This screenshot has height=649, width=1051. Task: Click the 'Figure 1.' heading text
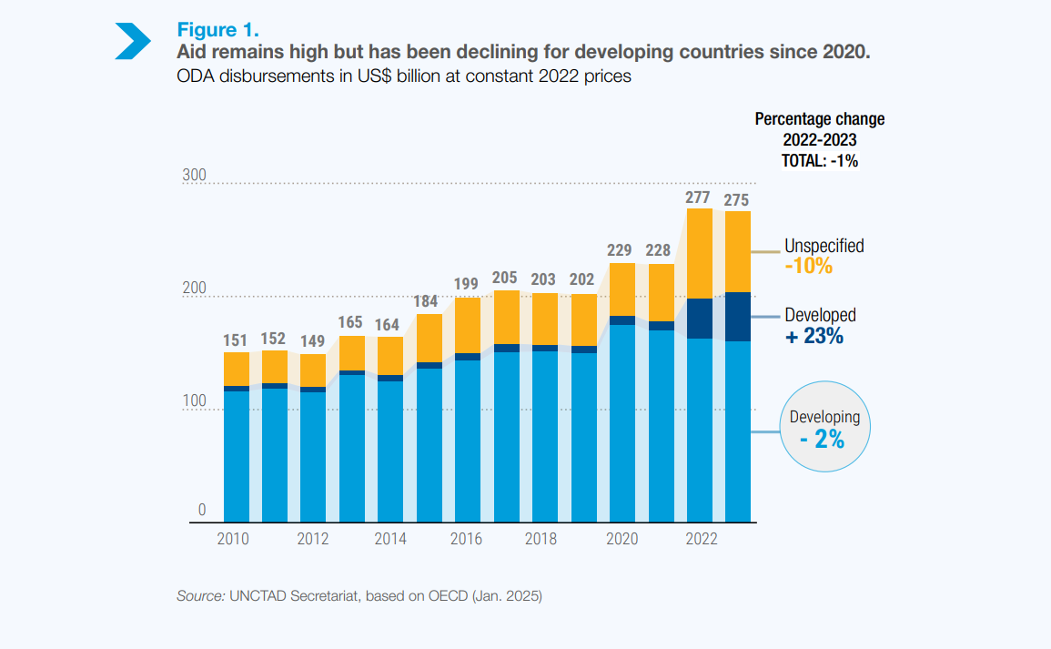[x=217, y=30]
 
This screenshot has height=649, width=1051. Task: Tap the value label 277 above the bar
[x=698, y=197]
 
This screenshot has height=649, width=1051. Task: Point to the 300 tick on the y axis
[x=196, y=176]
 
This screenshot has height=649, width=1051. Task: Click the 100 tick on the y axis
[x=196, y=401]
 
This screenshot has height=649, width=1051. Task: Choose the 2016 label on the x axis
[x=467, y=539]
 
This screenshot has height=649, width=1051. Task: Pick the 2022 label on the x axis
[x=701, y=539]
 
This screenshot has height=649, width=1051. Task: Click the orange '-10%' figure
[x=808, y=267]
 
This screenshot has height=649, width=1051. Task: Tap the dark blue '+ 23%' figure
[x=814, y=336]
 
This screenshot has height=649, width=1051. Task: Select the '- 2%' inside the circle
[x=823, y=440]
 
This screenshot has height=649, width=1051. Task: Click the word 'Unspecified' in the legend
[x=824, y=246]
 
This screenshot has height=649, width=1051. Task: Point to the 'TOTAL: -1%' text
[x=819, y=160]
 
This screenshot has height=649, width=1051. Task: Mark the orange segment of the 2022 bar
[x=700, y=253]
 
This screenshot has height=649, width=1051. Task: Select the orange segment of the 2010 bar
[x=237, y=369]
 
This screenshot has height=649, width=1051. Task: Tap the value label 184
[x=429, y=301]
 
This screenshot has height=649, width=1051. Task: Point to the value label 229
[x=622, y=250]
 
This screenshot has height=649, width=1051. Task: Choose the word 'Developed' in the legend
[x=820, y=315]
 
